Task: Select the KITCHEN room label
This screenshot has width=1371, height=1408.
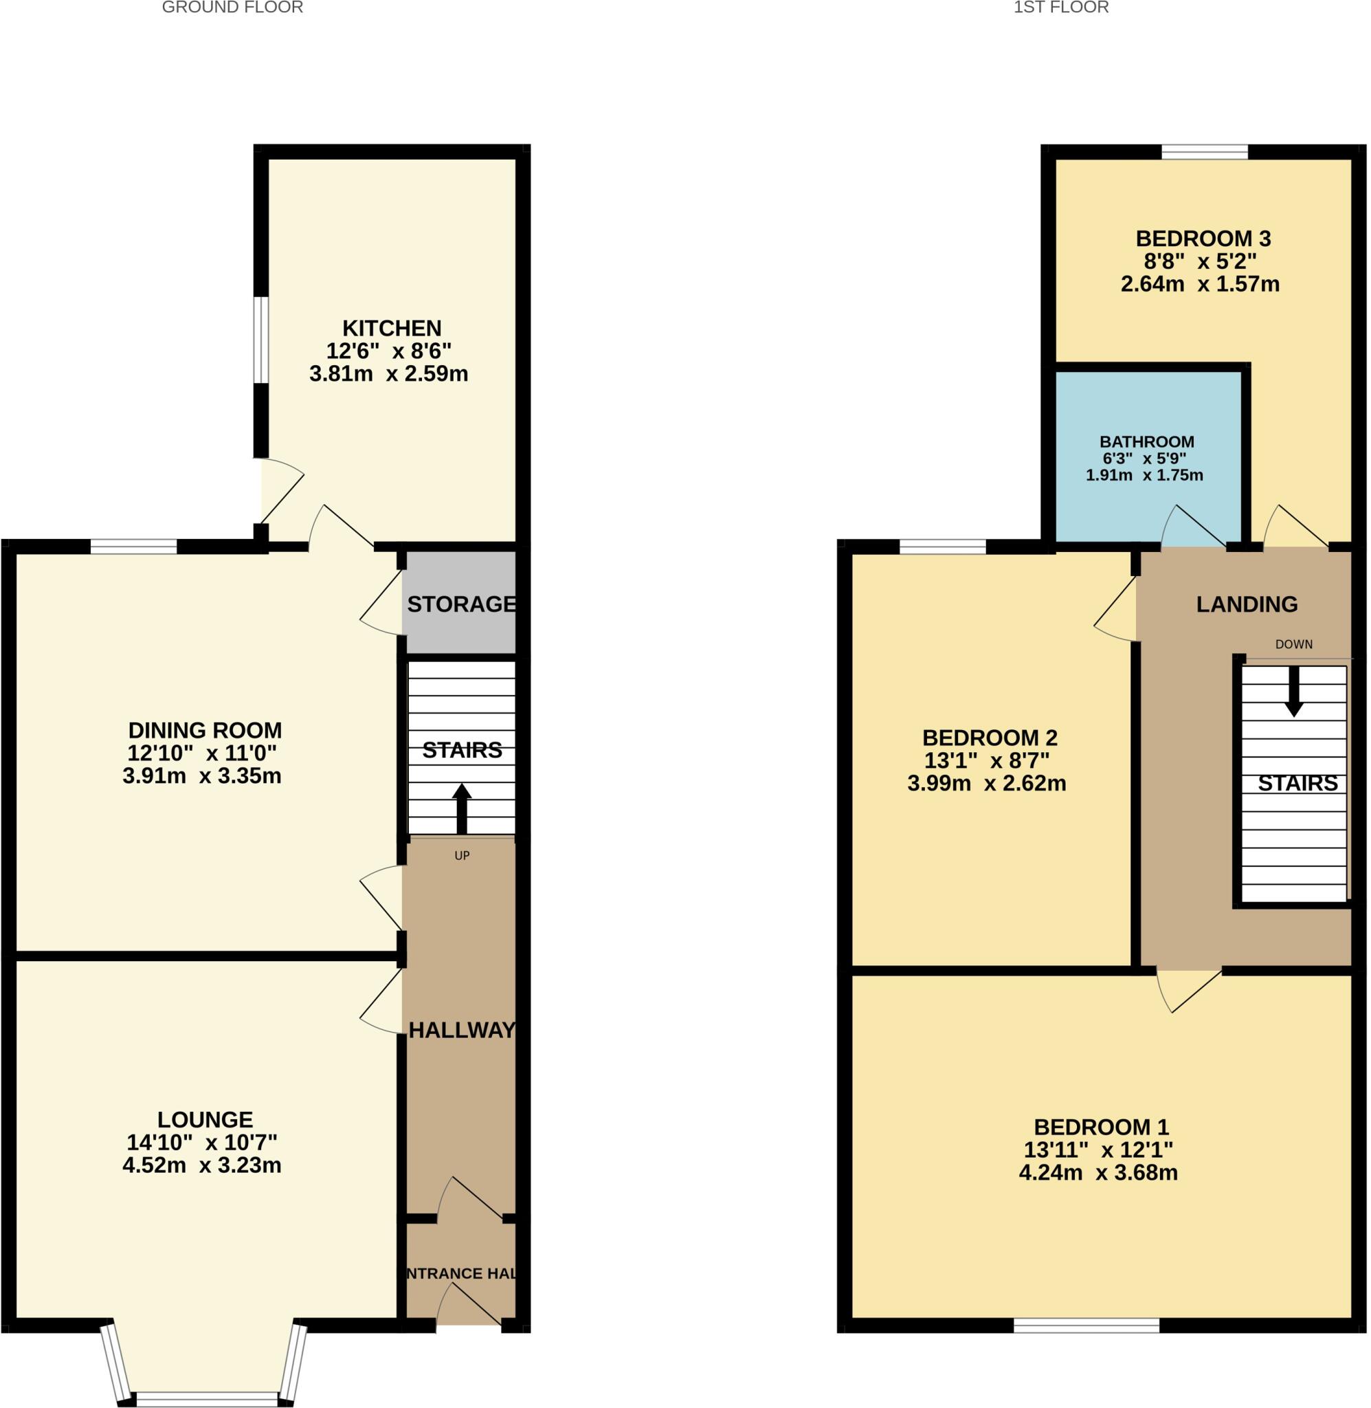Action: point(391,329)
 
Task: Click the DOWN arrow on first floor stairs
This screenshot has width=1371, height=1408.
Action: point(1293,692)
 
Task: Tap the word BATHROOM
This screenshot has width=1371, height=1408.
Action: point(1146,441)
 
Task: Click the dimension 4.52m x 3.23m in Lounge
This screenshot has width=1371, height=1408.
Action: point(201,1165)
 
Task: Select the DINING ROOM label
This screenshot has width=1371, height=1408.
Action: point(205,729)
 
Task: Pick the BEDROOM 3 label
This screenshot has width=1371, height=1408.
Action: point(1203,239)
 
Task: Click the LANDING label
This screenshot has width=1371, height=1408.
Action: point(1247,604)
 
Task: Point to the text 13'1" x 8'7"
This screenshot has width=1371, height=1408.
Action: point(986,760)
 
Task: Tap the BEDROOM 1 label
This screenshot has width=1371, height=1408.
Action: point(1101,1126)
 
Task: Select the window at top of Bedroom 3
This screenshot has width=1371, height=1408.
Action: point(1204,152)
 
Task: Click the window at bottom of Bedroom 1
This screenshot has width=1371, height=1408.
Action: point(1086,1324)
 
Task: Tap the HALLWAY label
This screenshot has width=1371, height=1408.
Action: point(462,1030)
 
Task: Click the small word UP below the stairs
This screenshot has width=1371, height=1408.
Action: point(462,856)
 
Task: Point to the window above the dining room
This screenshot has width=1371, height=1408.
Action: point(133,547)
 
